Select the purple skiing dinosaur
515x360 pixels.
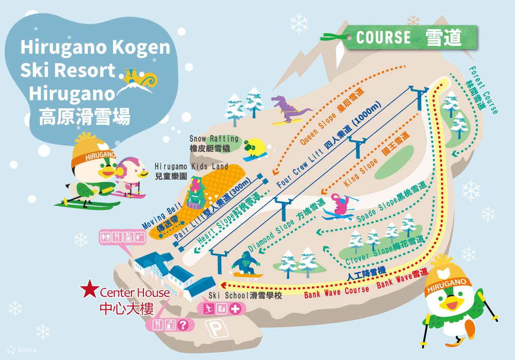[x=289, y=110]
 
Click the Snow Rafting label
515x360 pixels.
[x=214, y=139]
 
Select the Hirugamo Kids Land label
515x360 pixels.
[x=191, y=166]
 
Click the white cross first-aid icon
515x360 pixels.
[x=235, y=309]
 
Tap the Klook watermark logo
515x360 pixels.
[x=23, y=350]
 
